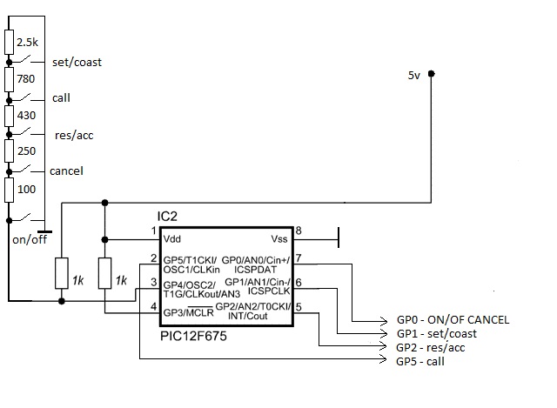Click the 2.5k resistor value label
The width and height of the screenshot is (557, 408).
pyautogui.click(x=27, y=43)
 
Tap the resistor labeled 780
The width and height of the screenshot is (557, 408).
pyautogui.click(x=10, y=80)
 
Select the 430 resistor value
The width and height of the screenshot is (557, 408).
pyautogui.click(x=26, y=116)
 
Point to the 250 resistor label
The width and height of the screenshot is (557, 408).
pyautogui.click(x=27, y=150)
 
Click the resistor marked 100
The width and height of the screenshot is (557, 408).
pyautogui.click(x=10, y=190)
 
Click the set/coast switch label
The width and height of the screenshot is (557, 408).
pyautogui.click(x=77, y=62)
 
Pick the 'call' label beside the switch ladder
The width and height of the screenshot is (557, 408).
pyautogui.click(x=61, y=97)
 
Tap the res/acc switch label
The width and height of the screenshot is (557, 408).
pyautogui.click(x=74, y=136)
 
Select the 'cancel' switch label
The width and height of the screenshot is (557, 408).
pyautogui.click(x=66, y=171)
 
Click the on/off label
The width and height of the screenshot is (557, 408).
pyautogui.click(x=30, y=240)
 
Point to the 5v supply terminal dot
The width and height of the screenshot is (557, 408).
pyautogui.click(x=432, y=74)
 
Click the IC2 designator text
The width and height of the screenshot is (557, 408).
pyautogui.click(x=167, y=217)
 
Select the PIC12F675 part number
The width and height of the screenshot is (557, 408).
pyautogui.click(x=193, y=336)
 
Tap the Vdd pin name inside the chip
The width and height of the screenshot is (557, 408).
pyautogui.click(x=172, y=239)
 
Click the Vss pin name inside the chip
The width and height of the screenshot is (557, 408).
pyautogui.click(x=279, y=239)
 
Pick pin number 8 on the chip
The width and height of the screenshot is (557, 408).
pyautogui.click(x=299, y=231)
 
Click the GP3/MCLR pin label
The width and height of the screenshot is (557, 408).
pyautogui.click(x=188, y=313)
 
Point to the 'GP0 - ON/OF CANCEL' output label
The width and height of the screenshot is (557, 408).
pyautogui.click(x=453, y=320)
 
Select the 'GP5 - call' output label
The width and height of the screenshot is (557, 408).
pyautogui.click(x=420, y=362)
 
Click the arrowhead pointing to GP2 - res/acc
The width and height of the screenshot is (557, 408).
pyautogui.click(x=384, y=346)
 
